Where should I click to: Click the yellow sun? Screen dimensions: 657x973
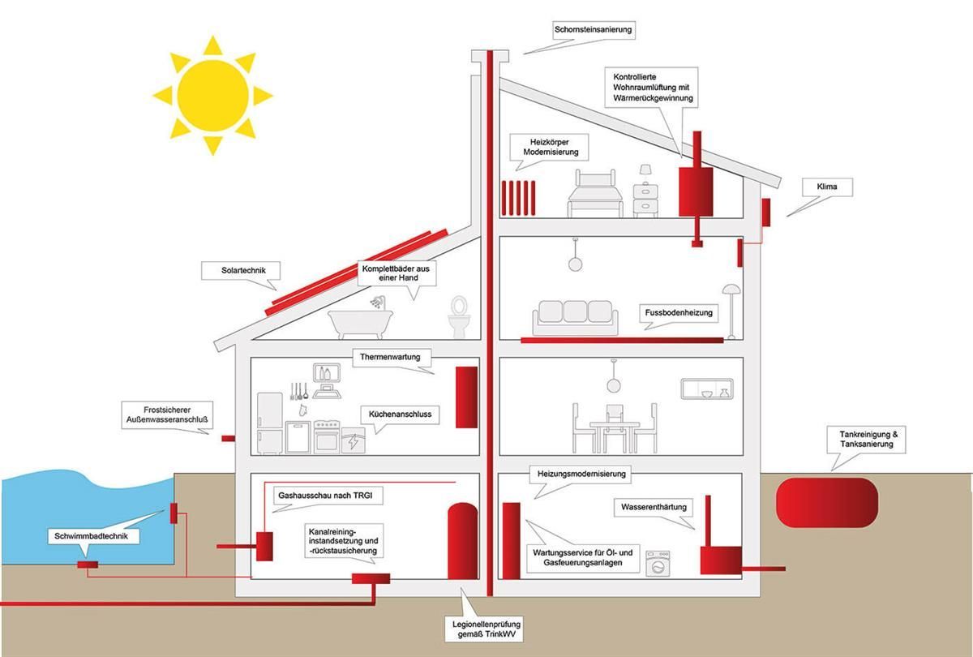click(x=212, y=95)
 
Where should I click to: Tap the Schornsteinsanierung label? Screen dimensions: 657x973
click(x=594, y=31)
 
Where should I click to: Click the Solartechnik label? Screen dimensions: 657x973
click(x=238, y=270)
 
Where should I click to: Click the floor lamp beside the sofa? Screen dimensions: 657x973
click(x=731, y=311)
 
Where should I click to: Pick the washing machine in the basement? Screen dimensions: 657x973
click(x=658, y=564)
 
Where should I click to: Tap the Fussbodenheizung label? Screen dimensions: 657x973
click(x=678, y=312)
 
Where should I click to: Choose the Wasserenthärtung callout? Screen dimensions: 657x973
click(x=654, y=508)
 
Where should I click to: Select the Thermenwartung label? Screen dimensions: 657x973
click(x=392, y=356)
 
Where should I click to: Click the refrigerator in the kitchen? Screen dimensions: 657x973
click(x=270, y=423)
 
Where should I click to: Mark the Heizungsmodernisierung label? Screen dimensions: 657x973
click(x=581, y=473)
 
